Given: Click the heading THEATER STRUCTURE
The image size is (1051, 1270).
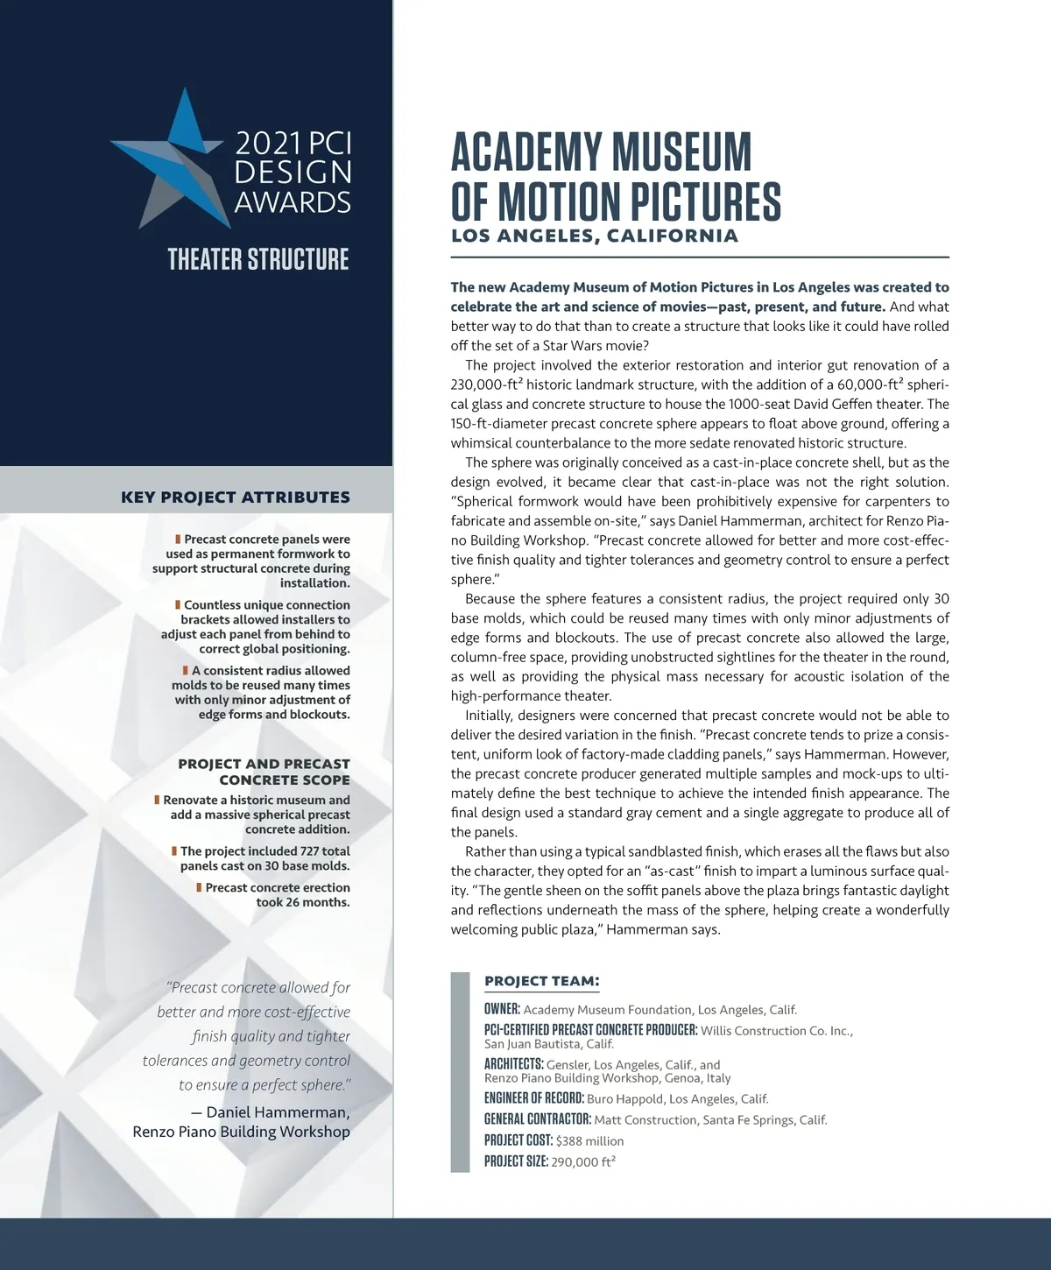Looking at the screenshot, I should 258,260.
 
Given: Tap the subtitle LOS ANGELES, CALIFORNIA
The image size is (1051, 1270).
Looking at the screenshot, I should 594,236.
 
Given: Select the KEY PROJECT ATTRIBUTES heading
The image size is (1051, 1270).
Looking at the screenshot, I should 235,497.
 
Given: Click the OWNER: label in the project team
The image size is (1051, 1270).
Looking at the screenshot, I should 502,1009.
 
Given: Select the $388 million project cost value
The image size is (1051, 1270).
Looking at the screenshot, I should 589,1141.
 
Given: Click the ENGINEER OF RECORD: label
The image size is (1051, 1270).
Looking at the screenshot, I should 533,1098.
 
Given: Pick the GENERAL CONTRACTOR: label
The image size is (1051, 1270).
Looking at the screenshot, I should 538,1119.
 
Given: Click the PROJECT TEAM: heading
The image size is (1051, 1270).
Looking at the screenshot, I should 541,981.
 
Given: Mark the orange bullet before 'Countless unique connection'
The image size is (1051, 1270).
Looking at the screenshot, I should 178,605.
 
